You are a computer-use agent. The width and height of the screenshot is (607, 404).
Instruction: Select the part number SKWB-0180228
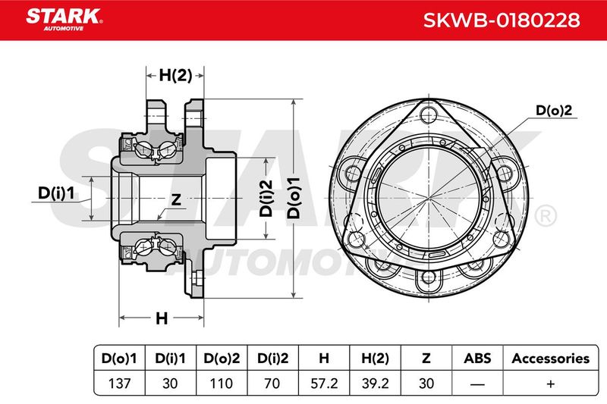tap(502, 20)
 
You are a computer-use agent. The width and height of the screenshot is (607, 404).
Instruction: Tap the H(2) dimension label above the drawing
tap(175, 75)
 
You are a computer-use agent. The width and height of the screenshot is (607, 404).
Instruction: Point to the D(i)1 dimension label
tap(55, 193)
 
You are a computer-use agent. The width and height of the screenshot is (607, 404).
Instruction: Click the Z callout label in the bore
tap(176, 199)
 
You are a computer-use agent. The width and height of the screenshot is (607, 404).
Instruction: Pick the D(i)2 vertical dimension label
tap(266, 198)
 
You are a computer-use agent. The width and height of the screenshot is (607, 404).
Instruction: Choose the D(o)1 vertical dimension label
tap(294, 198)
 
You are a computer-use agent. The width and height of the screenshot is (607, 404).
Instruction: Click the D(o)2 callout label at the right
tap(554, 111)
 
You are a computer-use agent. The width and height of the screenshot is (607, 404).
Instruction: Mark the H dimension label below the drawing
tap(162, 318)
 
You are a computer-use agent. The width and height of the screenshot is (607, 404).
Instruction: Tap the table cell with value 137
tap(119, 383)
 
